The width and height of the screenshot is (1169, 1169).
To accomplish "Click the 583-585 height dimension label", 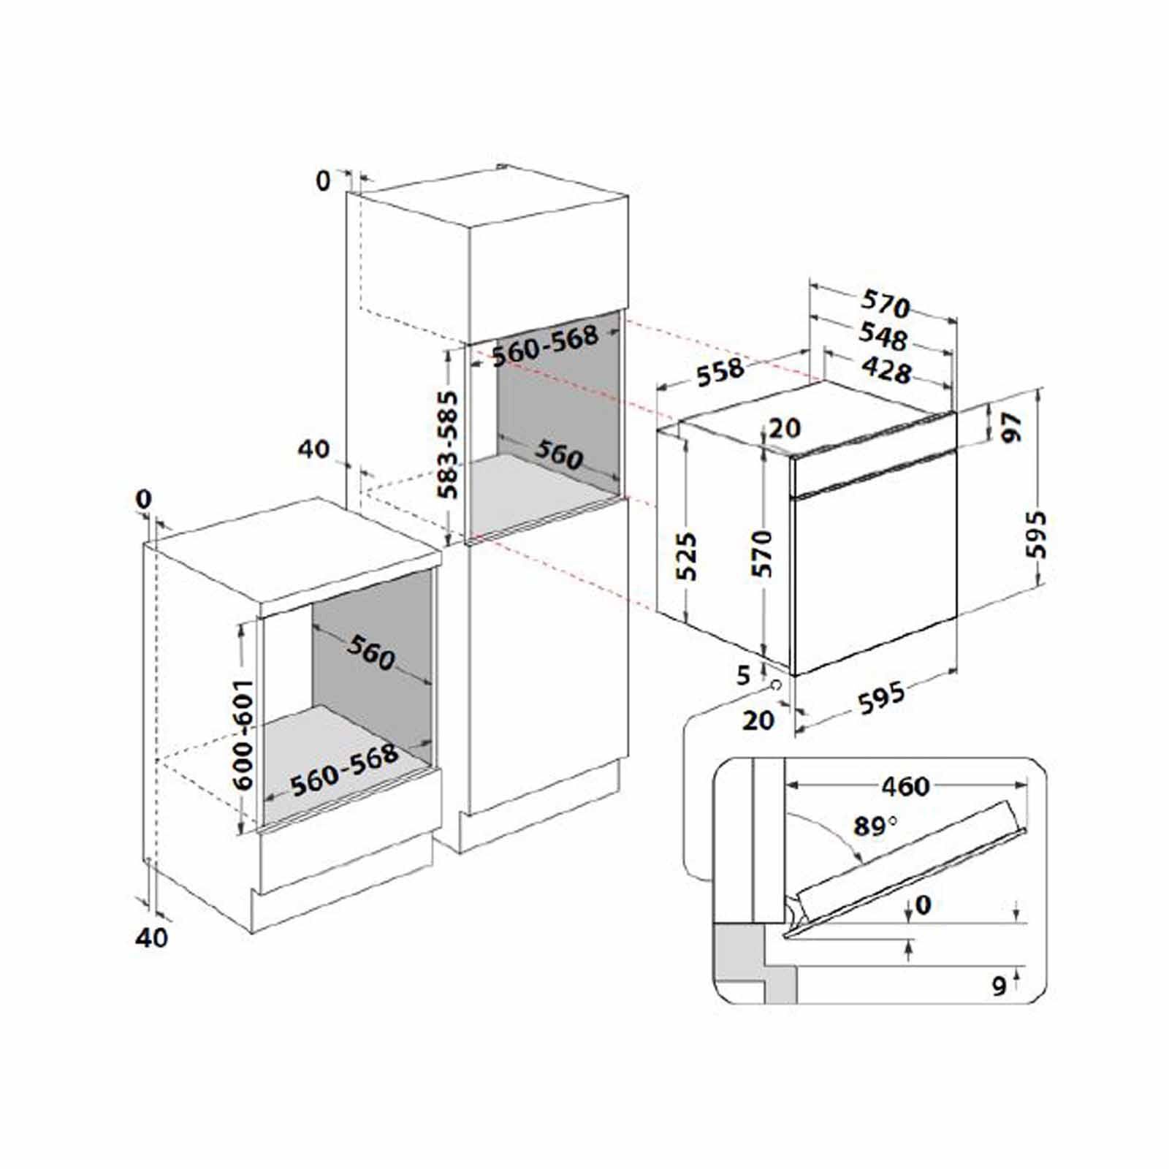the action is coord(450,445).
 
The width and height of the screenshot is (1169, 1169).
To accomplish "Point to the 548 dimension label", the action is coord(883,335).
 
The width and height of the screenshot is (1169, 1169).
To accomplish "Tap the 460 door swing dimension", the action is coord(905,787).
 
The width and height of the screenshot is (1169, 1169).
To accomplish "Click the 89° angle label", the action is coord(875,826).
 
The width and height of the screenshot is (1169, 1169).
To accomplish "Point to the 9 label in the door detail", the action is coord(999,986).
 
